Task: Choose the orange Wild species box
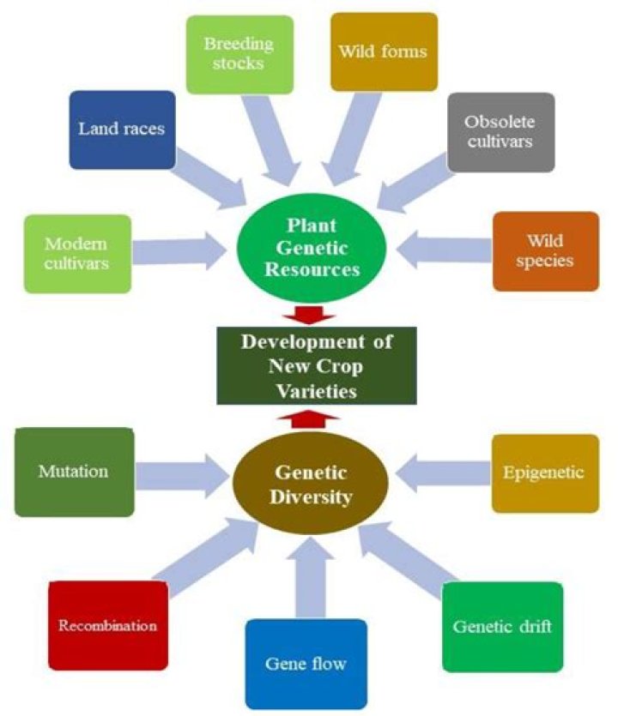[x=545, y=250]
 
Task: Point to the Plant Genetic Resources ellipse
[x=309, y=250]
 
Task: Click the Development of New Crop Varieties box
[x=316, y=366]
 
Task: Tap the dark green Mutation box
[x=74, y=472]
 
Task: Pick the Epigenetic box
[x=544, y=472]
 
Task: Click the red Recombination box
[x=107, y=625]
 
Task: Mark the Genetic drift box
[x=502, y=626]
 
